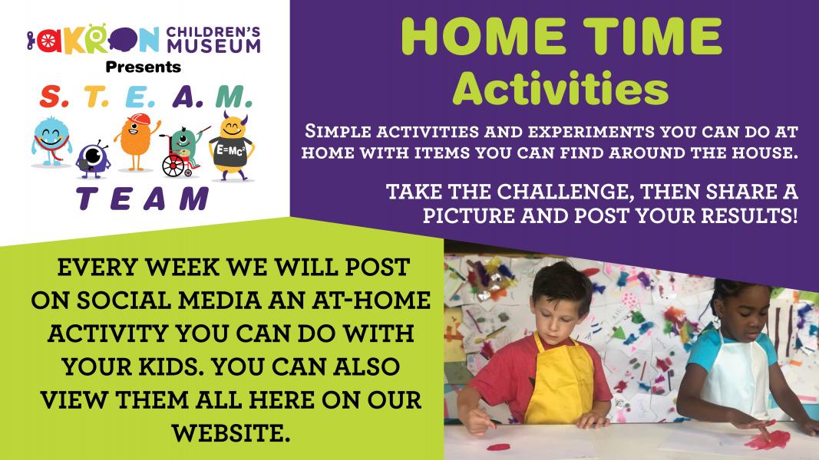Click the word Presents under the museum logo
pyautogui.click(x=143, y=67)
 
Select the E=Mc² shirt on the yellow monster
pyautogui.click(x=230, y=149)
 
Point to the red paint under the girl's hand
pyautogui.click(x=768, y=437)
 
